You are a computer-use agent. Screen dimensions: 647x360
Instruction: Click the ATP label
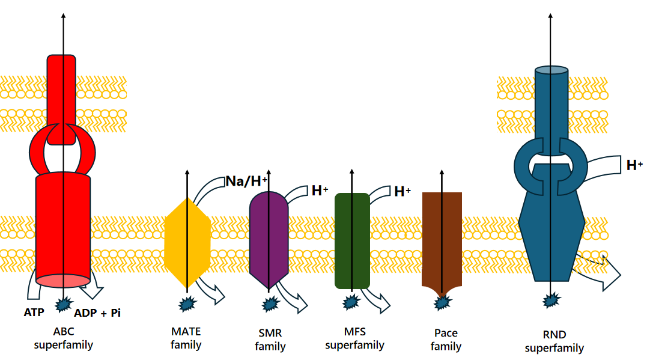34,313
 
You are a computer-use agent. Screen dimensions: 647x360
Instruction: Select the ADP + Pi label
97,313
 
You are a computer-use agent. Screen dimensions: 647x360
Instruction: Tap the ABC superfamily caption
64,338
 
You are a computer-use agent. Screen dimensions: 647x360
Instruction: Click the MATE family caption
186,338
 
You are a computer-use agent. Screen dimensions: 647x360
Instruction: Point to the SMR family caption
270,340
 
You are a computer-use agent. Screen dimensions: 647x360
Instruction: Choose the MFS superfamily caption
355,338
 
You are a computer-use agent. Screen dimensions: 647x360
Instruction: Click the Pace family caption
446,340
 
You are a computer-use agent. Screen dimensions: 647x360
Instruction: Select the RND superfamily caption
554,341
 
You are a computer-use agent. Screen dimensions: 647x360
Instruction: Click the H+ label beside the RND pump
634,165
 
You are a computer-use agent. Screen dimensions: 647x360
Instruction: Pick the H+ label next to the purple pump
320,191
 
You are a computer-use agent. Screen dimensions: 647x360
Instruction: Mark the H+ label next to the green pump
402,191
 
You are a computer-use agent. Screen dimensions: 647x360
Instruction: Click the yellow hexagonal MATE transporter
187,243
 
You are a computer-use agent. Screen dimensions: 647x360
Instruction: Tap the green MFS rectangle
352,240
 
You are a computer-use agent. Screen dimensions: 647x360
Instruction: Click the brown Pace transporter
442,242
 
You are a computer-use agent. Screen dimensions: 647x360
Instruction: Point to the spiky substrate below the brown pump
442,303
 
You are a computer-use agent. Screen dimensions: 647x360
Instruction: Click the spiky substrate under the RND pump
551,300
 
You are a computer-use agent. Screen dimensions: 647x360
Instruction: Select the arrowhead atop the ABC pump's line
64,16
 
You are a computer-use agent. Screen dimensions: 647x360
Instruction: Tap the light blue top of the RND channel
551,70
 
